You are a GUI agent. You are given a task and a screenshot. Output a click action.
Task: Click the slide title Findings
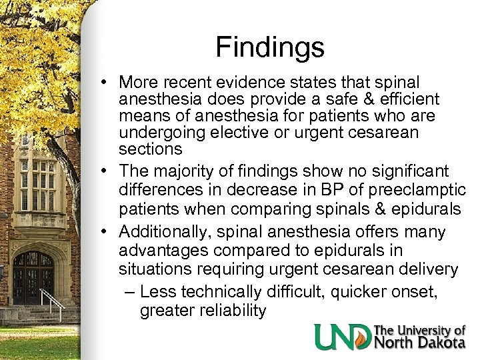point(270,47)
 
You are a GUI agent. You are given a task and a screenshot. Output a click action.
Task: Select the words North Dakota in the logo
point(420,343)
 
